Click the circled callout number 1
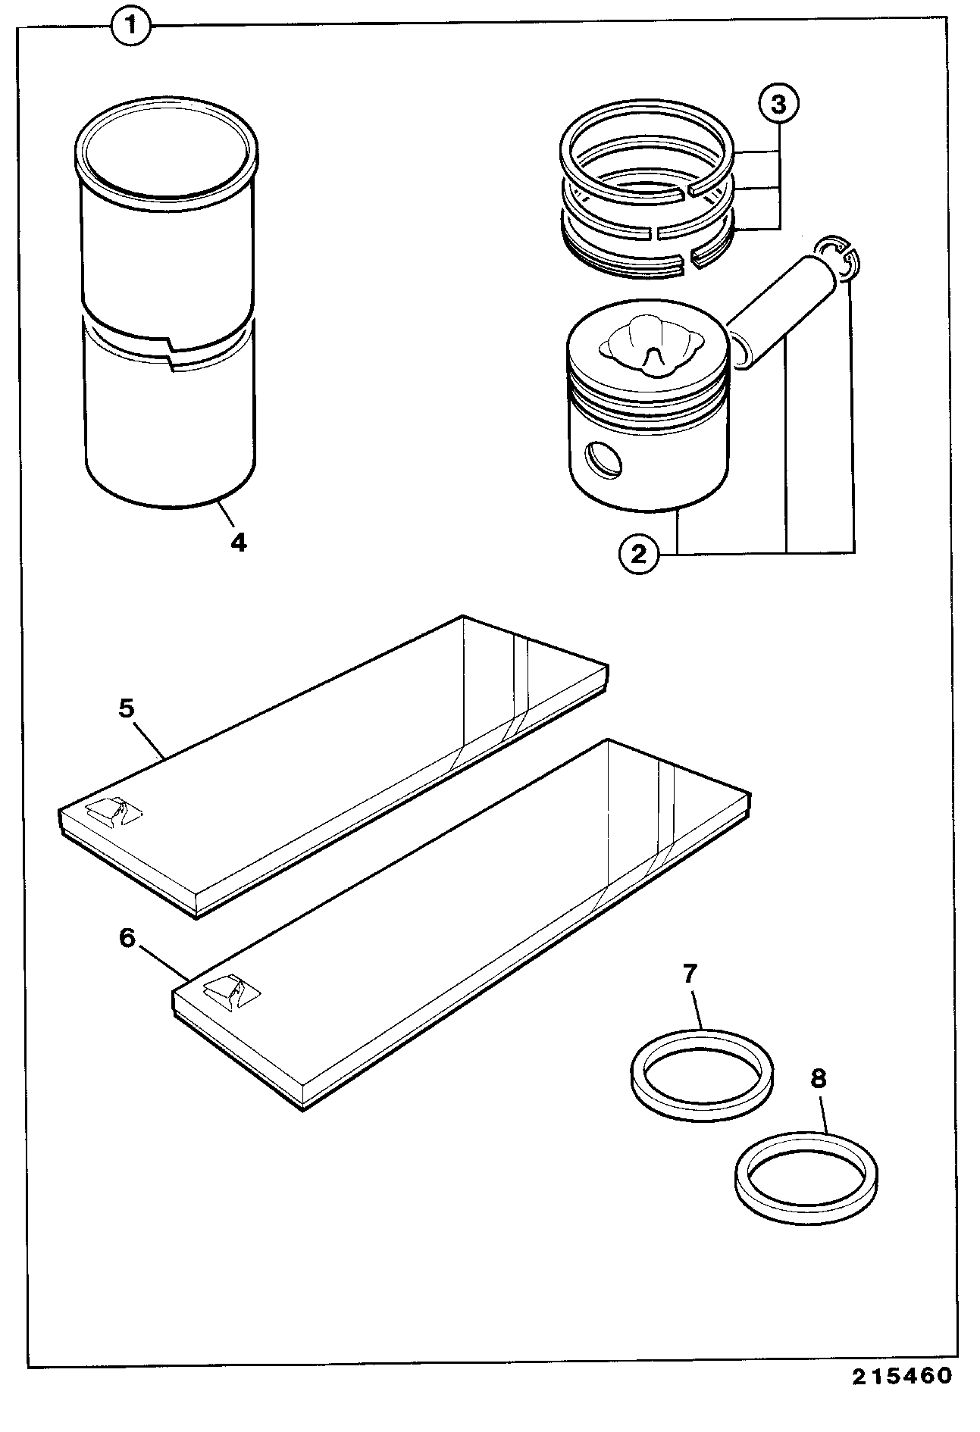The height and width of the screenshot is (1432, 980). (131, 28)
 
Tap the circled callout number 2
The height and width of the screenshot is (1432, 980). (639, 555)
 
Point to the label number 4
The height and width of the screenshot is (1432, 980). (238, 542)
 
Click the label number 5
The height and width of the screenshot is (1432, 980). (127, 708)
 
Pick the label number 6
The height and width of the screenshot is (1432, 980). (127, 937)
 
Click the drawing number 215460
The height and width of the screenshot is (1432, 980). (901, 1396)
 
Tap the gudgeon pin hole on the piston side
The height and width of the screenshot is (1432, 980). (602, 458)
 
